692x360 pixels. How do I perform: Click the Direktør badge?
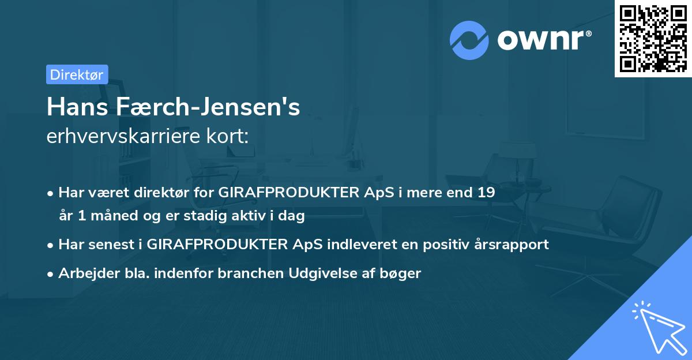pyautogui.click(x=77, y=74)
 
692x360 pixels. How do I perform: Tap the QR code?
pyautogui.click(x=652, y=38)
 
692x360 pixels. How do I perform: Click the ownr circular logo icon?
pyautogui.click(x=469, y=40)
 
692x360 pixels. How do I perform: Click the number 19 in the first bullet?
pyautogui.click(x=486, y=193)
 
